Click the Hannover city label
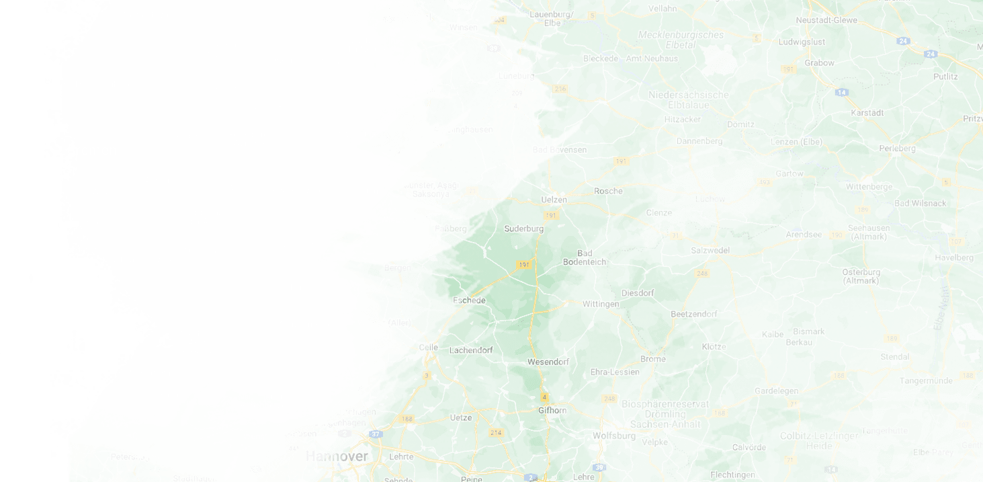(337, 456)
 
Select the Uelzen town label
(554, 200)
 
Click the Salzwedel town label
(710, 250)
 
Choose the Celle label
(428, 348)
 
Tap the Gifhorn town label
(552, 410)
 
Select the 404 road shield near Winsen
(498, 20)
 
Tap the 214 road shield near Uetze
(496, 432)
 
